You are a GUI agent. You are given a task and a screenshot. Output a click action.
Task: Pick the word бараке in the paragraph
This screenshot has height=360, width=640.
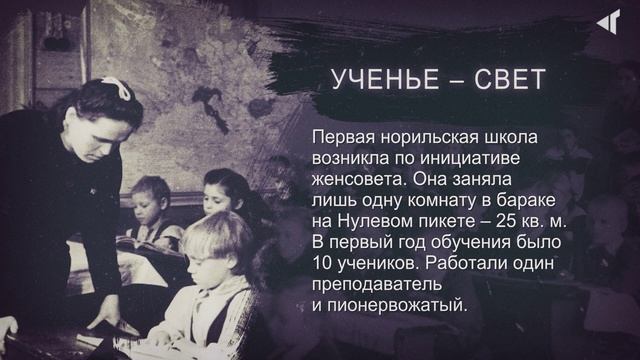click(535, 201)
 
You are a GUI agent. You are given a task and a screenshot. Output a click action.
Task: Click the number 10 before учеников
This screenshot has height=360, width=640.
click(323, 264)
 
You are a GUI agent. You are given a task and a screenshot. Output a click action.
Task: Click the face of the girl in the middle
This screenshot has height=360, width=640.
click(223, 192)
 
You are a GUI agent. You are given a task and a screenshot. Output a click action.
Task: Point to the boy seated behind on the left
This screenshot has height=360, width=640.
click(151, 200)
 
